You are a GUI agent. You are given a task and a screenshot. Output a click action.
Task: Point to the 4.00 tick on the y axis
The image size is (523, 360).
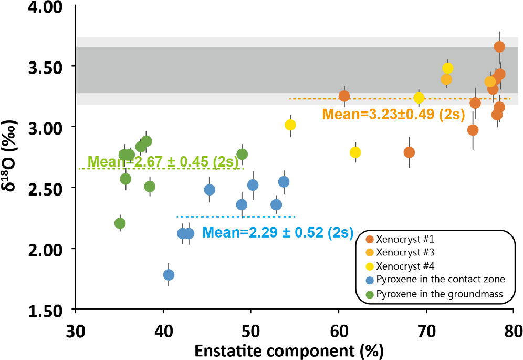tap(48, 7)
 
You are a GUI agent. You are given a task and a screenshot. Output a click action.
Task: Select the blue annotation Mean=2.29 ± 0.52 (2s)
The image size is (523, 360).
tap(278, 231)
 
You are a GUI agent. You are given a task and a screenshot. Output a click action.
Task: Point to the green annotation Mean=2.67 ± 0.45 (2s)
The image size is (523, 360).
tap(164, 161)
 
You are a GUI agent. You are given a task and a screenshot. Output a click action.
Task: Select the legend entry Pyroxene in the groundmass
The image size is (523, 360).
tap(435, 295)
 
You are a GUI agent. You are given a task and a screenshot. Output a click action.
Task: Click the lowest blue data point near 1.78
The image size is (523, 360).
tap(169, 275)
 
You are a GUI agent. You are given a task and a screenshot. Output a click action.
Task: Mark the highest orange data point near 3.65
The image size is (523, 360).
tap(499, 47)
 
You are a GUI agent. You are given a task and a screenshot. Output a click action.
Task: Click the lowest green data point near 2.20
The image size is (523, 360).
tap(120, 223)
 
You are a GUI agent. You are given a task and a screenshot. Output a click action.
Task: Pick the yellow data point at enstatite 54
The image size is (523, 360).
tap(290, 125)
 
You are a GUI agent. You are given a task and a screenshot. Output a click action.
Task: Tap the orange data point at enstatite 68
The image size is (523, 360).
tap(409, 152)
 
